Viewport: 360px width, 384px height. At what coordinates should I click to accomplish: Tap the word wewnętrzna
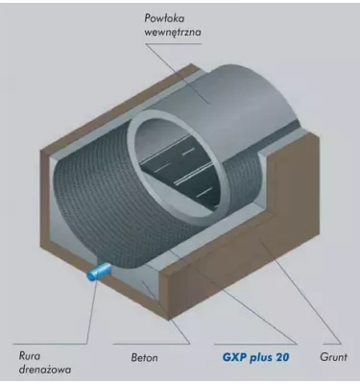[x=176, y=34]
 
